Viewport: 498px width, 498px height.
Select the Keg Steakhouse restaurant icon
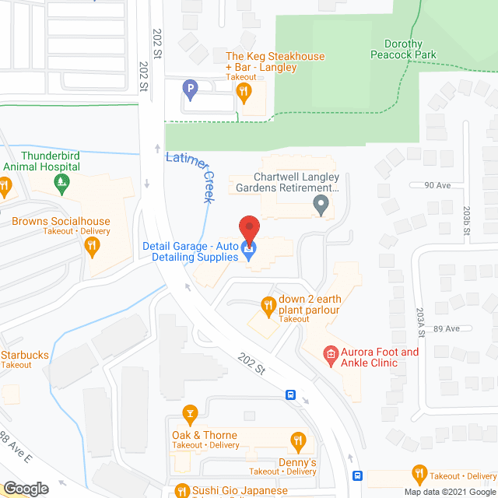[x=245, y=92]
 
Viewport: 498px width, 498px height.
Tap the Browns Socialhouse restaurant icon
[x=93, y=247]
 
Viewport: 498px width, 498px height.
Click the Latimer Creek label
[x=190, y=177]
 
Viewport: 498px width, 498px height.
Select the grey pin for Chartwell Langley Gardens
[x=320, y=205]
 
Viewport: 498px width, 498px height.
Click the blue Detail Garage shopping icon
[x=249, y=251]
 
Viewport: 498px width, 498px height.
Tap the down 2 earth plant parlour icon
[x=269, y=305]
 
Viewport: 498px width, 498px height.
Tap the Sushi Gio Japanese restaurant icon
[x=181, y=491]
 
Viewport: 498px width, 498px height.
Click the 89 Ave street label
[x=446, y=329]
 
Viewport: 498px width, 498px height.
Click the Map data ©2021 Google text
[x=449, y=492]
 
